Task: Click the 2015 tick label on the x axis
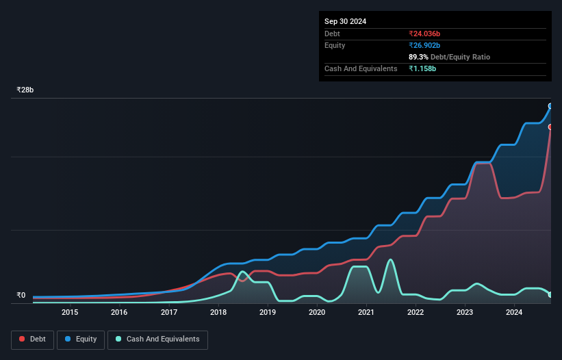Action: click(70, 313)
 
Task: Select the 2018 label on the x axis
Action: click(218, 313)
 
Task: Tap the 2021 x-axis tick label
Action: click(366, 313)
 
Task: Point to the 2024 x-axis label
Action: click(514, 313)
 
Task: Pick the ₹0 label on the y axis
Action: click(21, 296)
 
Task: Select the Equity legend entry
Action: click(81, 339)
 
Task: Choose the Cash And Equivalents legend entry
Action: click(157, 339)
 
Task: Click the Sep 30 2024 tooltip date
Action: click(345, 21)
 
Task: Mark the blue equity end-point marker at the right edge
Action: click(550, 106)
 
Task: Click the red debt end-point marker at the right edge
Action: click(550, 127)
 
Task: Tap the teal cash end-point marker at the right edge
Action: click(550, 294)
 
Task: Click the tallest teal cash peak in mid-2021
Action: click(390, 260)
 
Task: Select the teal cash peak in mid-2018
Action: click(242, 272)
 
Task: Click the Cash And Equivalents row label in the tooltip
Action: click(361, 69)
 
